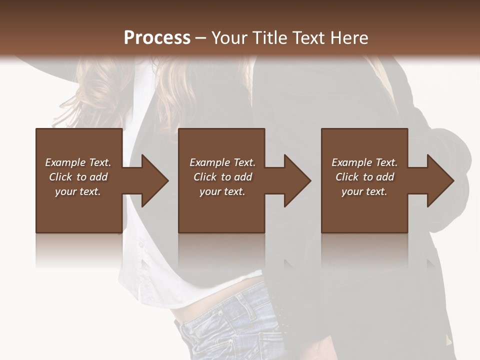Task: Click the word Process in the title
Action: [157, 38]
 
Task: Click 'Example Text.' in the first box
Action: [78, 162]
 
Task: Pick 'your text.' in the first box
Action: [78, 191]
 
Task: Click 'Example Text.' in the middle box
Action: [222, 162]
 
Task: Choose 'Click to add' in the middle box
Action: [222, 177]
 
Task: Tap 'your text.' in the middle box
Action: [222, 191]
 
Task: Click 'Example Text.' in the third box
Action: [364, 162]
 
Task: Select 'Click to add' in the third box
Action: [364, 177]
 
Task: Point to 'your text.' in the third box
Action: [364, 191]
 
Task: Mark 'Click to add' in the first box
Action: [78, 177]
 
